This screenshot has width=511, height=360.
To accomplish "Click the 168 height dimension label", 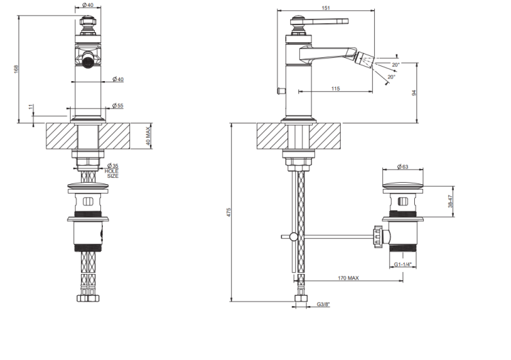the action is click(x=16, y=69).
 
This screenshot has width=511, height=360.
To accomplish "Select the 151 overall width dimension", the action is click(x=326, y=7).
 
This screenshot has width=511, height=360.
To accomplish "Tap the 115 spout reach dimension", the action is click(x=336, y=89).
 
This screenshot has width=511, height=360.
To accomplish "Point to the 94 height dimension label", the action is click(x=414, y=93).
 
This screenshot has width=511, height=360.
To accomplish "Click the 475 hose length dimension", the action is click(x=229, y=212).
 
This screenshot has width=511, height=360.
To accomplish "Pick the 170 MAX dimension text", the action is click(x=348, y=277).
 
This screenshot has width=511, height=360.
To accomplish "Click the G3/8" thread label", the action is click(x=323, y=304).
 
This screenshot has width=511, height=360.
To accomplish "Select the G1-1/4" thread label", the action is click(x=403, y=264).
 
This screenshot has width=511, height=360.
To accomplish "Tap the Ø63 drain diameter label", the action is click(x=403, y=166).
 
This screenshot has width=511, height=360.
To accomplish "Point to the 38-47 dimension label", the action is click(x=450, y=201).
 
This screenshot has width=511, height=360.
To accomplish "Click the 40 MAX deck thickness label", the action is click(x=148, y=136).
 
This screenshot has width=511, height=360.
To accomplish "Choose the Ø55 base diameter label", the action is click(x=118, y=105).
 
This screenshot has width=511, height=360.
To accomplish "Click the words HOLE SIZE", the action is click(x=112, y=173).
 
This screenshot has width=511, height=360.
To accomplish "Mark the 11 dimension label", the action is click(x=31, y=106).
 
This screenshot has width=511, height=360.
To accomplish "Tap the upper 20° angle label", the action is click(x=396, y=65).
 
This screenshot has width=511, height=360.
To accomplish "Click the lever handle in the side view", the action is click(x=328, y=22).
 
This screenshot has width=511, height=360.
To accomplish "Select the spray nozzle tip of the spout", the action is click(x=365, y=60).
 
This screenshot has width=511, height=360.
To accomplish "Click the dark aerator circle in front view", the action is click(x=88, y=61).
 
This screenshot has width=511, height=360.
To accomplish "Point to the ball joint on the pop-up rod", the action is click(x=294, y=237).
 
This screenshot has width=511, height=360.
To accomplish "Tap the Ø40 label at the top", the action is click(x=88, y=5).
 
